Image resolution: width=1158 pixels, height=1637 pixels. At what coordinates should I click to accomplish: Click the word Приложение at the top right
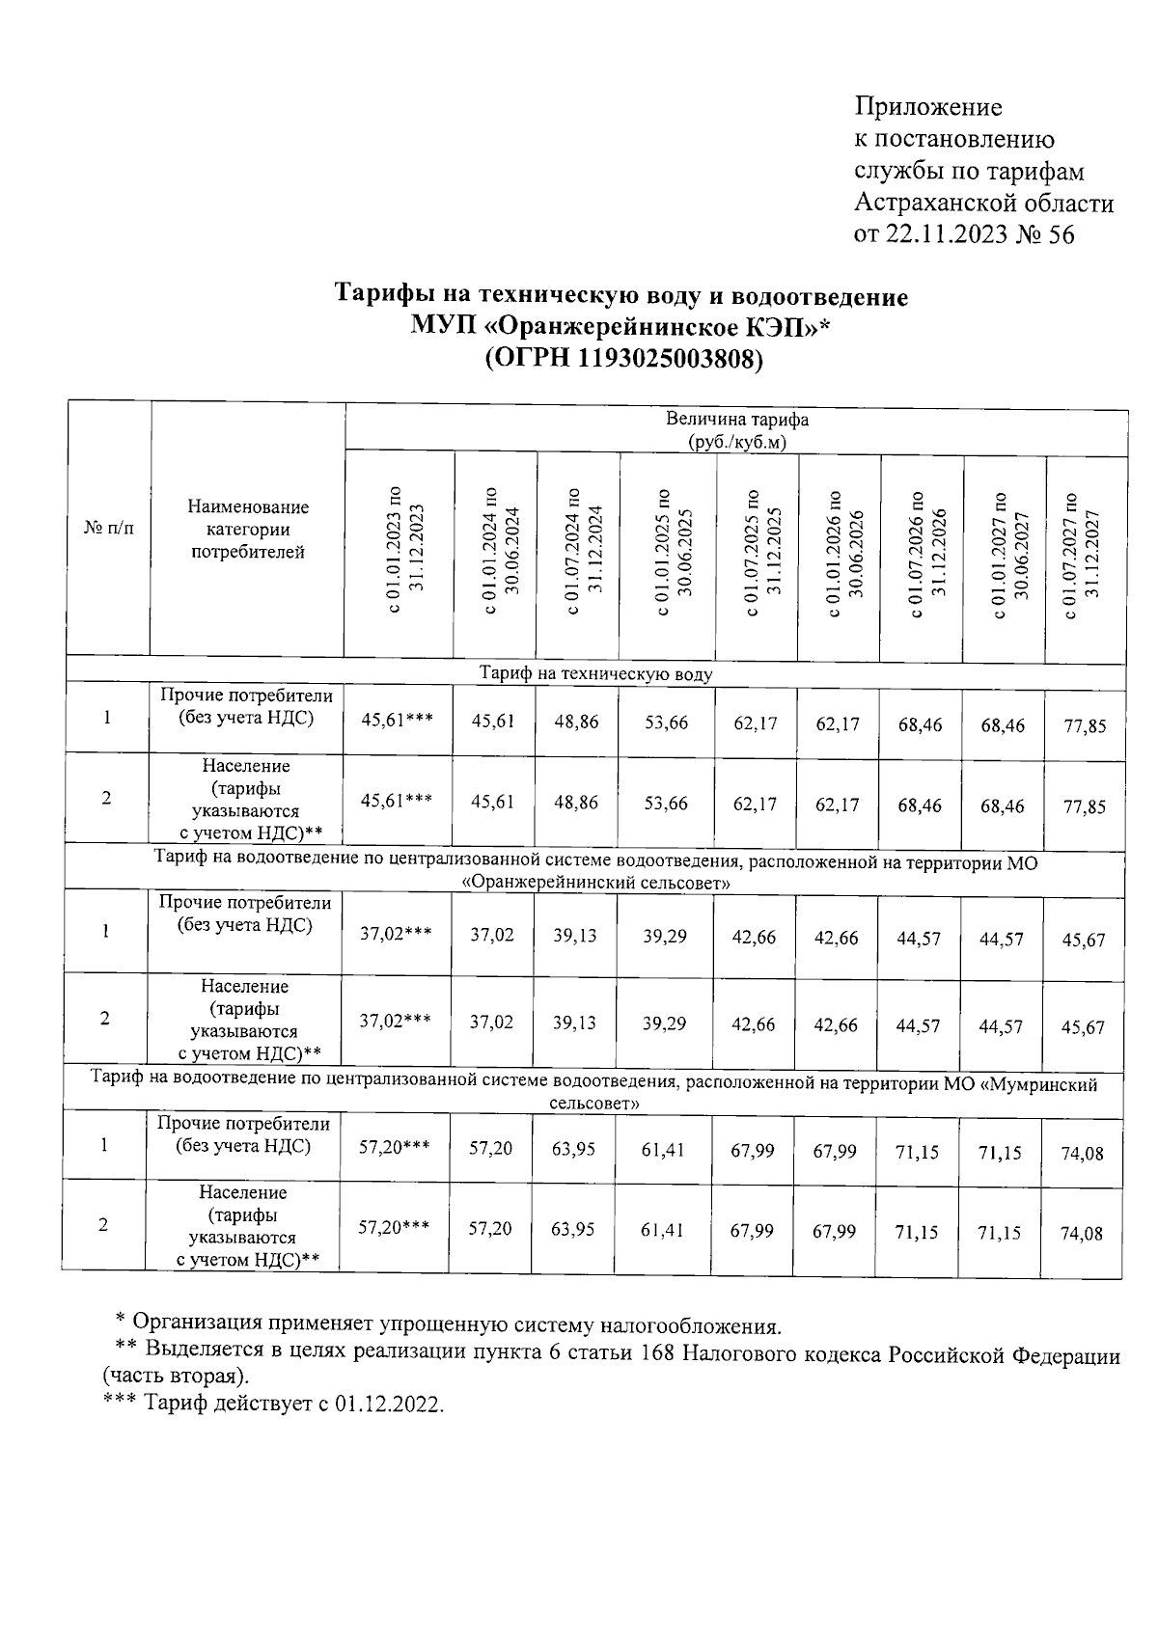pyautogui.click(x=928, y=107)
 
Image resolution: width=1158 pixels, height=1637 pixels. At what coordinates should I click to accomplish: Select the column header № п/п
pyautogui.click(x=108, y=529)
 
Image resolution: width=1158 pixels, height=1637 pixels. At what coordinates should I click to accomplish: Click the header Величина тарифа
pyautogui.click(x=736, y=421)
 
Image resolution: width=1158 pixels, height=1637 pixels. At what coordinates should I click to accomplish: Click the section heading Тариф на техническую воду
pyautogui.click(x=595, y=674)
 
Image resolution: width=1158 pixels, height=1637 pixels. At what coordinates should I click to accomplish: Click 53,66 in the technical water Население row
pyautogui.click(x=666, y=804)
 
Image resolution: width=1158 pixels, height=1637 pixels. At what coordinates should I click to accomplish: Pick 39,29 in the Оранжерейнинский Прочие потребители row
pyautogui.click(x=665, y=937)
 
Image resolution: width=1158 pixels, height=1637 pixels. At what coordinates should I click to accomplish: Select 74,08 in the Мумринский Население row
pyautogui.click(x=1082, y=1234)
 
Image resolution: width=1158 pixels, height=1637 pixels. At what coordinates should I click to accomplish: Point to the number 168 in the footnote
pyautogui.click(x=657, y=1354)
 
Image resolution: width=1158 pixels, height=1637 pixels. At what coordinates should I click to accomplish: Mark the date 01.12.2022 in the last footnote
pyautogui.click(x=388, y=1405)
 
